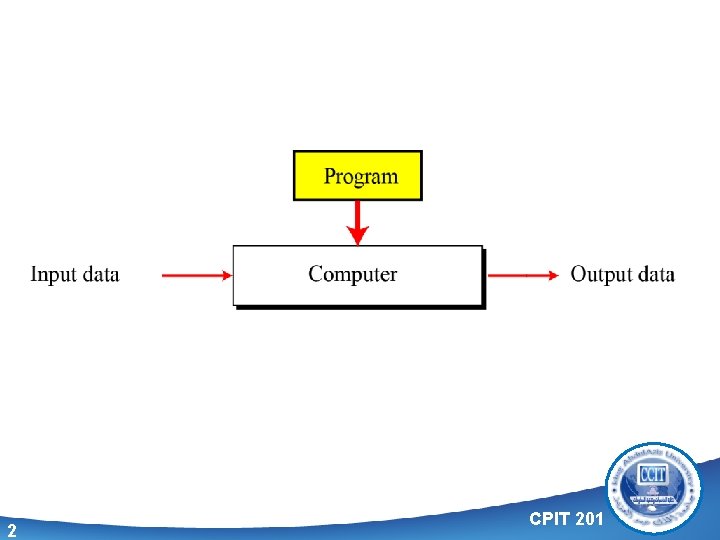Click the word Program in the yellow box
pos(360,177)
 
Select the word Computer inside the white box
pos(352,274)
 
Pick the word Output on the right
pos(601,275)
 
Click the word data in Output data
pos(656,274)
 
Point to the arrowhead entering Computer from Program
pos(358,236)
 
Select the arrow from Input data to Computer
pos(195,275)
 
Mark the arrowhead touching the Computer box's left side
pos(225,275)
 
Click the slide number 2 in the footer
pos(11,530)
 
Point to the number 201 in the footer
pos(591,518)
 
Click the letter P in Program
pos(330,177)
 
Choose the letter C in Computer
pos(315,274)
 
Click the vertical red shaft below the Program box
pos(358,214)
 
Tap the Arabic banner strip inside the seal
pos(654,496)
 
